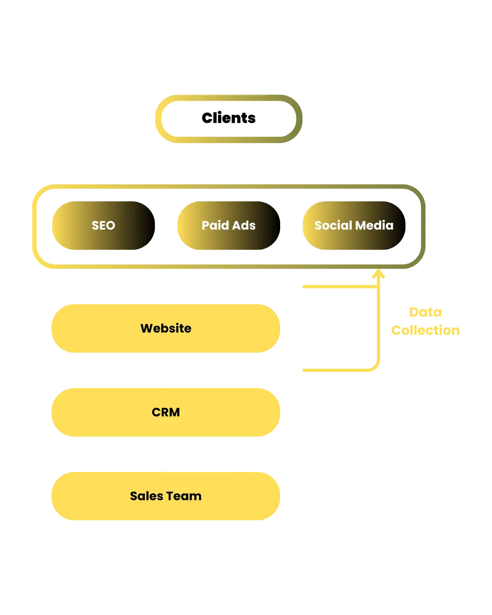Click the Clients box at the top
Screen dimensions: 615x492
pyautogui.click(x=229, y=118)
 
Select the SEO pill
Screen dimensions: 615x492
pyautogui.click(x=103, y=225)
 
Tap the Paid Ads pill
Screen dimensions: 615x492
pyautogui.click(x=229, y=225)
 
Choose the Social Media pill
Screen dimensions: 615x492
pyautogui.click(x=354, y=225)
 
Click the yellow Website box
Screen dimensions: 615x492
pyautogui.click(x=166, y=328)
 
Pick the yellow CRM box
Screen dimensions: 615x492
pyautogui.click(x=166, y=412)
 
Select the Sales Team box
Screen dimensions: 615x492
pyautogui.click(x=166, y=496)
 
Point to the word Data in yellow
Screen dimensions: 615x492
pyautogui.click(x=426, y=312)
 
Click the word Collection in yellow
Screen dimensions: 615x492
pyautogui.click(x=426, y=330)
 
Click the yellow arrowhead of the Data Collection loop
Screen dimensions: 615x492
pyautogui.click(x=379, y=274)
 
